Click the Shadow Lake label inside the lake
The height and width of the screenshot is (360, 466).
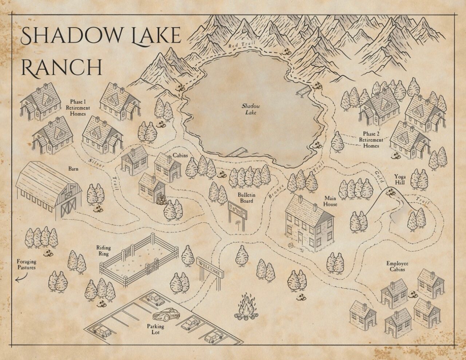pos(251,109)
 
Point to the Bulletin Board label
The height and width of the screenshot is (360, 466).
pos(246,198)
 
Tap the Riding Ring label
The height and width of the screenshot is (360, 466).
pos(103,251)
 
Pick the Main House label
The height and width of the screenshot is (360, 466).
pos(331,201)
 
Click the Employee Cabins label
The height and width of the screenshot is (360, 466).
pos(397,266)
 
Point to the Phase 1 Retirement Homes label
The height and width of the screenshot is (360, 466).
pos(78,108)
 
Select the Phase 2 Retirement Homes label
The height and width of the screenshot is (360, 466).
pos(371,140)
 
